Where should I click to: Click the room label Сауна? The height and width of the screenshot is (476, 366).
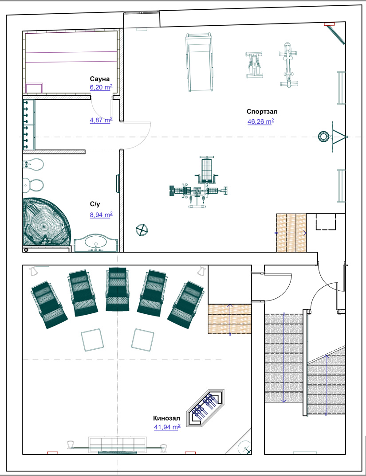point(99,79)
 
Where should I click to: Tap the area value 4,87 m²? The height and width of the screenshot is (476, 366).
point(101,120)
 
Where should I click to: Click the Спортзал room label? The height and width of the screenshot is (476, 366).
point(262,111)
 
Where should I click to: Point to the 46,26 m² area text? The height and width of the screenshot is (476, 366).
point(260,122)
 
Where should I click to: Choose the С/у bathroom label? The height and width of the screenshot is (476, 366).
point(95,205)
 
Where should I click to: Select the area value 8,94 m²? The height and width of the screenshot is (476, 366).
point(101,215)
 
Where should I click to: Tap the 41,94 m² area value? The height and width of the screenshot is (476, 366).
point(167,427)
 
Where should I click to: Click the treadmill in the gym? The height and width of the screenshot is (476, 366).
point(200,62)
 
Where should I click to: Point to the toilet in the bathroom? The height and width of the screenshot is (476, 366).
point(33,184)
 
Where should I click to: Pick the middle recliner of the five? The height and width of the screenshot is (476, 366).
point(118,289)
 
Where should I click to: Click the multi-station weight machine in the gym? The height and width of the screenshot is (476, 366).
point(198,182)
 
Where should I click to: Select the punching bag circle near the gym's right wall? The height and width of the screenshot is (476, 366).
point(323,137)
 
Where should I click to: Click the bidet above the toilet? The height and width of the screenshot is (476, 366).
point(33,164)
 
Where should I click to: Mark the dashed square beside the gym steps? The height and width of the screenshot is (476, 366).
point(326,222)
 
